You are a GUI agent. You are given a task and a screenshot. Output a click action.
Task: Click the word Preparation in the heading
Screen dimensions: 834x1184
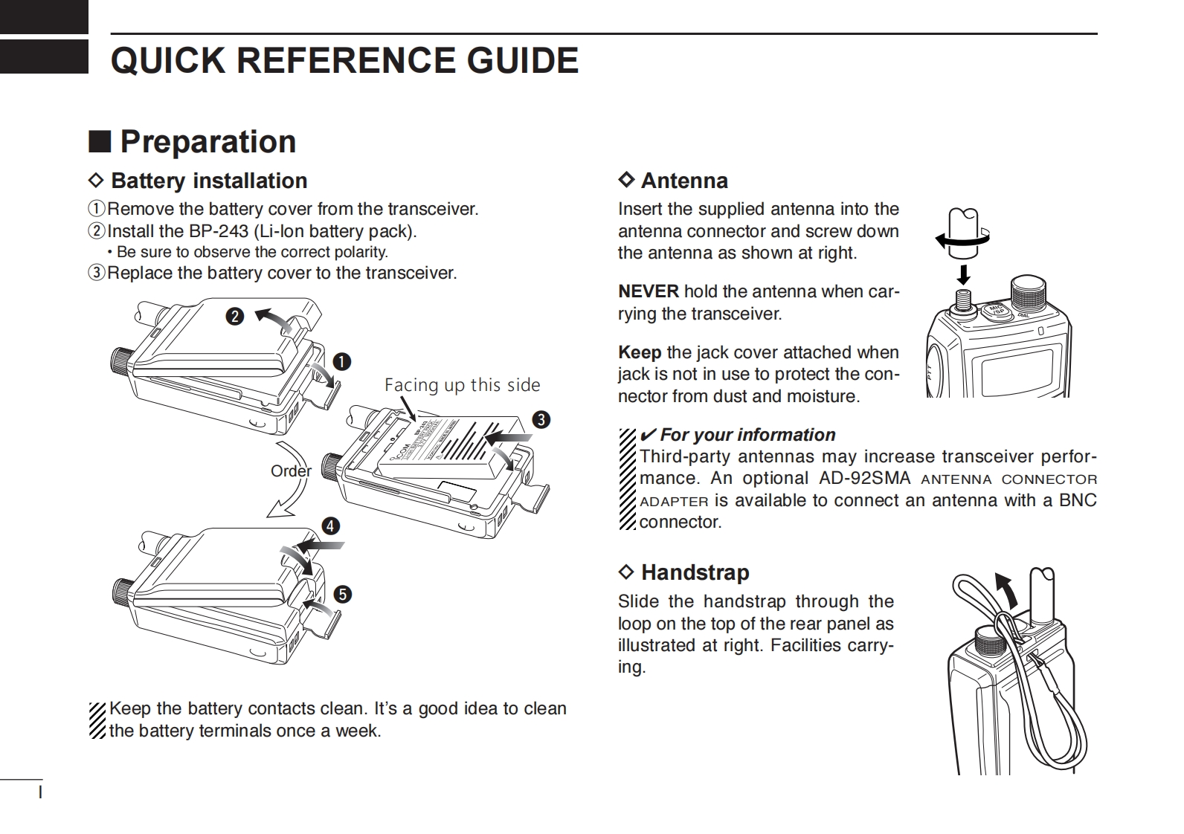[x=207, y=141]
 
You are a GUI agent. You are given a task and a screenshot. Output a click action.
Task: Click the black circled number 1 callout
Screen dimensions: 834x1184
[x=341, y=362]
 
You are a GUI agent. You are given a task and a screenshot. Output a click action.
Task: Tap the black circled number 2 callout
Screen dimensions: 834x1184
[x=234, y=317]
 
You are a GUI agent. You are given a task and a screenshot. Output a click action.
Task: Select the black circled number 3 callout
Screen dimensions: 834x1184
[x=541, y=420]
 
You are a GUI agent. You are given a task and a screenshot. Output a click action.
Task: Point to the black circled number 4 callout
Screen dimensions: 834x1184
[x=330, y=526]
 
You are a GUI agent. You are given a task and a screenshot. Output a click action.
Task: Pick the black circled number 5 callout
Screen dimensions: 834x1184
[x=342, y=595]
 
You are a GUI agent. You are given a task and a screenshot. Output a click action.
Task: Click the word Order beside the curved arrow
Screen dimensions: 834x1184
[x=291, y=471]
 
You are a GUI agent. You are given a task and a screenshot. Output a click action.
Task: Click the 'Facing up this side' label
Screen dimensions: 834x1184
[x=462, y=385]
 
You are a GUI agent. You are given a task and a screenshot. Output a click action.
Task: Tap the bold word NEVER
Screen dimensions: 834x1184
[x=649, y=291]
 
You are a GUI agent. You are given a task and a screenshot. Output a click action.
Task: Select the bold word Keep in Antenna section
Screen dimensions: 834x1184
[x=639, y=352]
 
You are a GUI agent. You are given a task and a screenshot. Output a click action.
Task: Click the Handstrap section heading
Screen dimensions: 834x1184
[x=695, y=572]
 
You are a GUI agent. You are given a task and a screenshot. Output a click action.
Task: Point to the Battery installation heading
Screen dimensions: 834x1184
[x=208, y=181]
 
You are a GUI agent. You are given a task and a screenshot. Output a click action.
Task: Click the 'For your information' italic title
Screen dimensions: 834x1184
[x=747, y=435]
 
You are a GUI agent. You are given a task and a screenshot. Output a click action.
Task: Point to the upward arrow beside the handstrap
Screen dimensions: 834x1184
[x=1006, y=590]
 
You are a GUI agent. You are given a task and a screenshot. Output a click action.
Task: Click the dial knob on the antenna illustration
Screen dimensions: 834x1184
[x=1029, y=294]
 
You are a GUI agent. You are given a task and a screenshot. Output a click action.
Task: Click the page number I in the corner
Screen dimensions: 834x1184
[x=41, y=793]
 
